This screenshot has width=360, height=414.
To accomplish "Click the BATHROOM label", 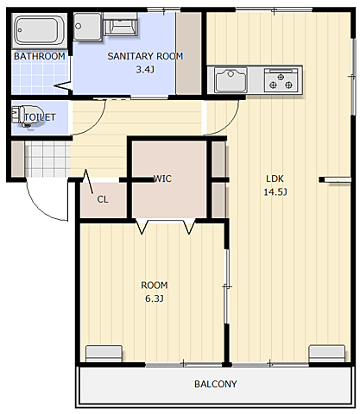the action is (x=40, y=56).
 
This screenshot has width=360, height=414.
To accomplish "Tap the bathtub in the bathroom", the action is (x=40, y=30).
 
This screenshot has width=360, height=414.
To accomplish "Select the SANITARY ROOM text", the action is (x=145, y=56).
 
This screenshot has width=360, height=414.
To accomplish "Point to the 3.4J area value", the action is (x=145, y=69).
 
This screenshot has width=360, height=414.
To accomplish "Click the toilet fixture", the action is (x=27, y=116).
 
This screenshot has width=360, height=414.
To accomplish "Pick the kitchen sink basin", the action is (x=231, y=79).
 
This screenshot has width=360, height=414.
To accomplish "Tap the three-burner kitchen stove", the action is (x=281, y=80).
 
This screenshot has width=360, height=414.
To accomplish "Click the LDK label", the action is (x=275, y=179).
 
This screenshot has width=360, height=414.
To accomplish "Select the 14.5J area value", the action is (x=275, y=191).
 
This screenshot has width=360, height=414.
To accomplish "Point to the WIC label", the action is (x=162, y=179).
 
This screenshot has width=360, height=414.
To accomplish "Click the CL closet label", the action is (x=103, y=199).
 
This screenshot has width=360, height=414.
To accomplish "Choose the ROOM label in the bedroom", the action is (x=155, y=285).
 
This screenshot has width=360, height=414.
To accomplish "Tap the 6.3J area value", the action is (x=155, y=298).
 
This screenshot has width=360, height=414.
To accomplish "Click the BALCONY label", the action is (x=216, y=384).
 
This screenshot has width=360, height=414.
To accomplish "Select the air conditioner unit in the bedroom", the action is (x=104, y=354).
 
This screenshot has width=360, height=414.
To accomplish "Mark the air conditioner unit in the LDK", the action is (x=327, y=354).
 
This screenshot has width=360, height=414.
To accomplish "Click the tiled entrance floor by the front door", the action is (x=47, y=159).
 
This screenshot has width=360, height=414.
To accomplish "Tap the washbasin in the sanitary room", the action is (x=120, y=24).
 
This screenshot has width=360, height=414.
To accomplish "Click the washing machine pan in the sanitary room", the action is (x=87, y=27).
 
